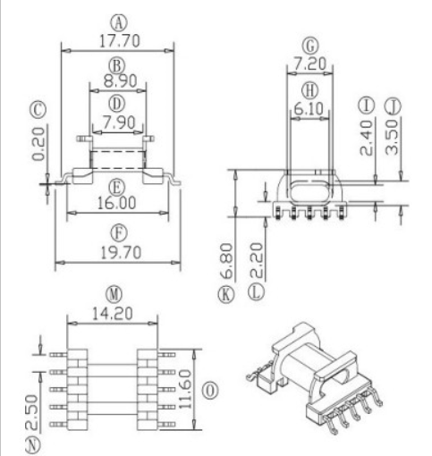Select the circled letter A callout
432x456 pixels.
coord(116,19)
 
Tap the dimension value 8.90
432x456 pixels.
coord(116,80)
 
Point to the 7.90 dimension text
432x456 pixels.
coord(116,121)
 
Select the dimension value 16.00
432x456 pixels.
coord(116,204)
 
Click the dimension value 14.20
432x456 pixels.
coord(113,314)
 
